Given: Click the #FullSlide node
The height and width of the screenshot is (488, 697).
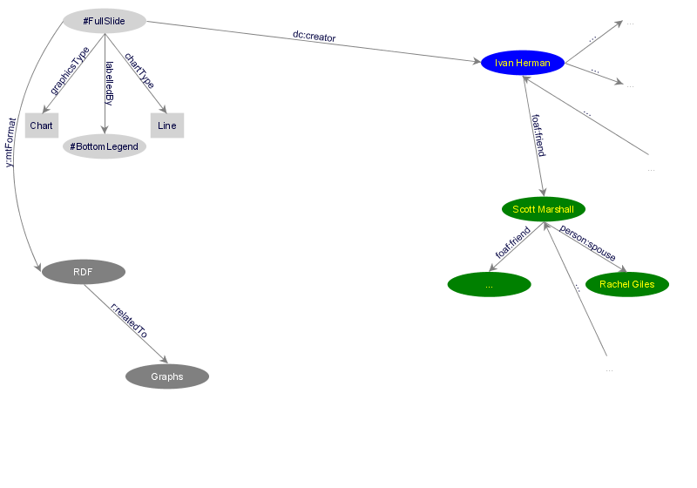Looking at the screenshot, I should pos(105,20).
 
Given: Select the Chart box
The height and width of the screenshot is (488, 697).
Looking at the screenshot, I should pos(41,125).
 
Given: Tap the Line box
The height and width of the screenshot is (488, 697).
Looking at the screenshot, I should pos(167,125).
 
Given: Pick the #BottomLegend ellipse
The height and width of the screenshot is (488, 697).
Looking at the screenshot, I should pos(105,146).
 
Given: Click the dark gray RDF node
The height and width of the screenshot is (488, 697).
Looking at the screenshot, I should pos(83,272).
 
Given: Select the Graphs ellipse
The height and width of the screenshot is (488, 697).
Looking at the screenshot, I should pos(167,376).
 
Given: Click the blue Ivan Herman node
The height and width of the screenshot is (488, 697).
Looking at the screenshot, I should pos(523,63).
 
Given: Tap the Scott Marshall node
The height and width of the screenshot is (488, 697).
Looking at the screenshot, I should pos(544,209).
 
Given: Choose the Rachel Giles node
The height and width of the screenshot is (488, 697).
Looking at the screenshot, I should pos(627,284).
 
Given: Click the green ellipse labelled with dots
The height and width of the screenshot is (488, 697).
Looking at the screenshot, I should pos(489,284).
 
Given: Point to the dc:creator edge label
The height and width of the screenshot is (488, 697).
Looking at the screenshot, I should pos(315,37).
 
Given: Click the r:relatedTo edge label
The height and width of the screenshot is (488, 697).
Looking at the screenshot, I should pos(128,321).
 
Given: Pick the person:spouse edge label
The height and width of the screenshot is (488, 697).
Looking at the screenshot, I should pos(587,244).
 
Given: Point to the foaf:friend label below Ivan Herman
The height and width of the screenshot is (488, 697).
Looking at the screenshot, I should pos(538,135).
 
